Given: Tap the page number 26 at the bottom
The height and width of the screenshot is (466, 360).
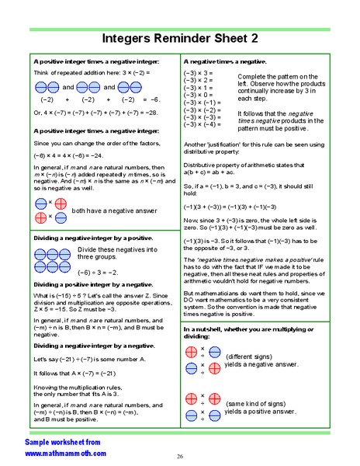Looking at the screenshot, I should point(179,456).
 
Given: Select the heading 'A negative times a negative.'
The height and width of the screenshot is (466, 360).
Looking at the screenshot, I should point(225,61).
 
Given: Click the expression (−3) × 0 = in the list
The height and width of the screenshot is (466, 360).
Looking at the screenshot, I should point(199,96).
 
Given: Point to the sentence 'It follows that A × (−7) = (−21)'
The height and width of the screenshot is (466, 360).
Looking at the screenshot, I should point(79,373).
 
